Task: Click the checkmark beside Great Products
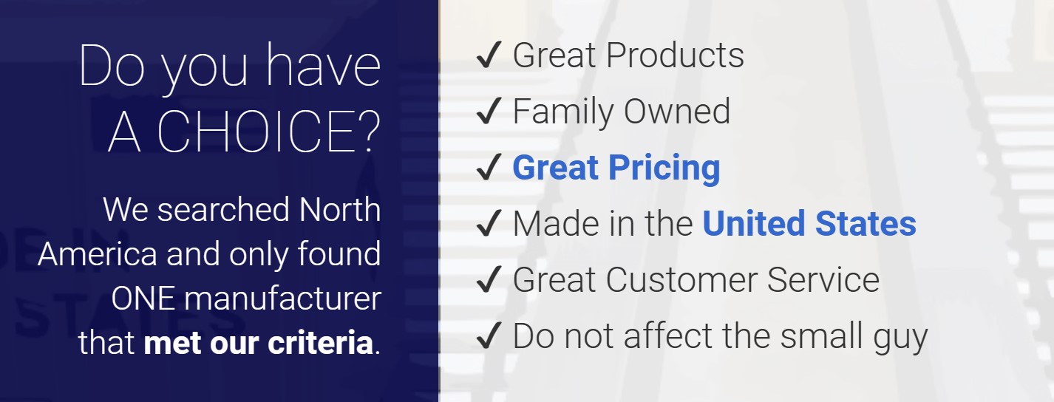tap(489, 55)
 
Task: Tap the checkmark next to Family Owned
tap(489, 111)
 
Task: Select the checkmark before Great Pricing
tap(489, 167)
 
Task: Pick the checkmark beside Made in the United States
tap(489, 223)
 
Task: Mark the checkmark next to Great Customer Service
tap(489, 279)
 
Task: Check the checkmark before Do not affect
tap(489, 335)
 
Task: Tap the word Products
tap(676, 55)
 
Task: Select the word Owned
tap(677, 112)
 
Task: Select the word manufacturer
tap(283, 299)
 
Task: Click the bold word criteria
tap(321, 343)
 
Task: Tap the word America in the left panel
tap(98, 254)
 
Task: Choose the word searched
tap(223, 209)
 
